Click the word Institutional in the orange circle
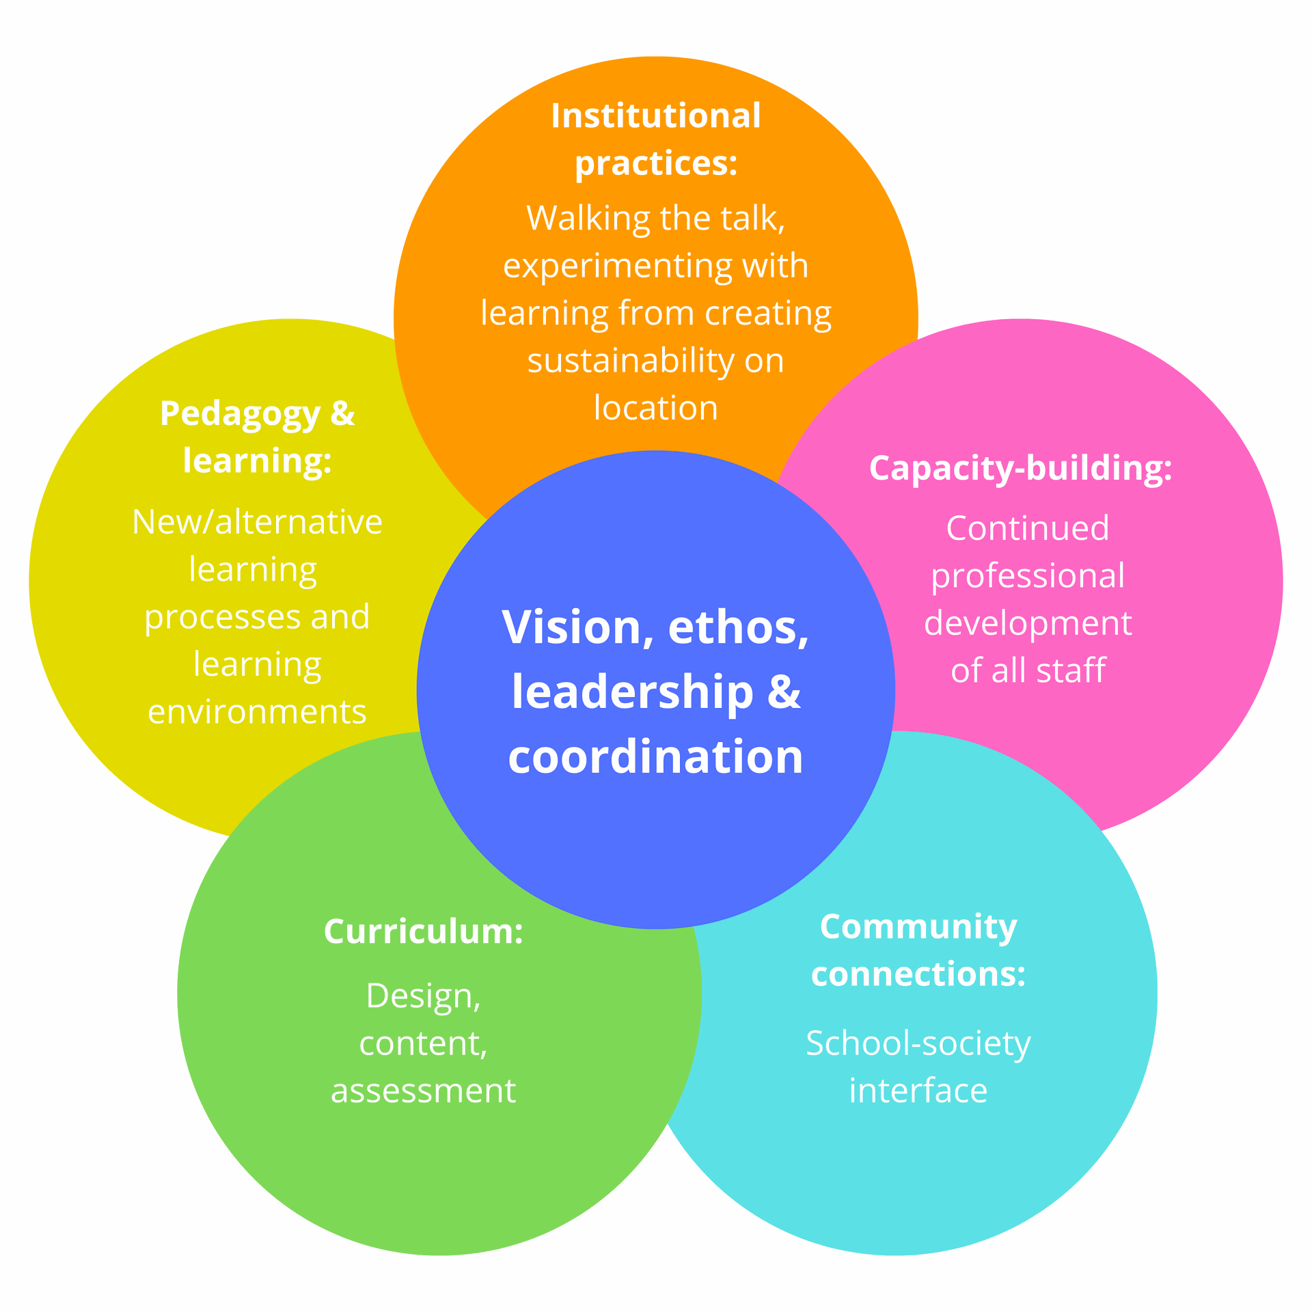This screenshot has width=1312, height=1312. pyautogui.click(x=656, y=115)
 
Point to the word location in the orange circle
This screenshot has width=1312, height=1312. pyautogui.click(x=656, y=408)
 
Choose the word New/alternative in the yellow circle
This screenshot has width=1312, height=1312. pyautogui.click(x=257, y=522)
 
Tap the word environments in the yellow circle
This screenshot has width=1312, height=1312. pyautogui.click(x=257, y=712)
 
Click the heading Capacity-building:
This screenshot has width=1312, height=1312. pyautogui.click(x=1021, y=469)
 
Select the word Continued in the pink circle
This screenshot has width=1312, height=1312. pyautogui.click(x=1028, y=528)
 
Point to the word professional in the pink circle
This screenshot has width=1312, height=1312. pyautogui.click(x=1028, y=577)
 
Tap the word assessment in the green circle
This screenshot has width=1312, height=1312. pyautogui.click(x=424, y=1091)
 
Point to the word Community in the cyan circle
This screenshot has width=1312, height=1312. pyautogui.click(x=918, y=927)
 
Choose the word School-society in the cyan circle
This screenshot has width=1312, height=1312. pyautogui.click(x=918, y=1043)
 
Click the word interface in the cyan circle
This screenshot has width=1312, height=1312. pyautogui.click(x=918, y=1091)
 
